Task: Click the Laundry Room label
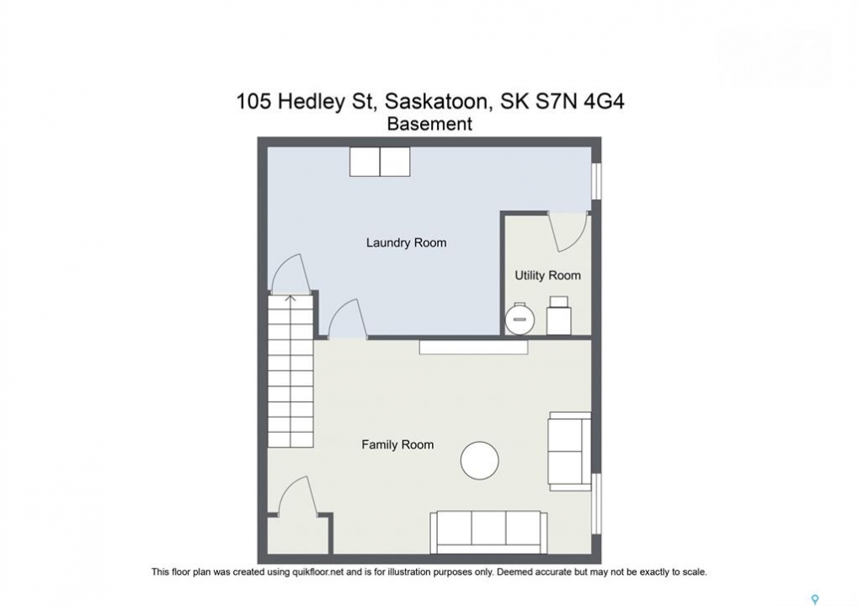click(406, 243)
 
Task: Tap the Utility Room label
click(548, 275)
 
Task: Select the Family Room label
click(397, 444)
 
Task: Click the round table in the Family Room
click(480, 460)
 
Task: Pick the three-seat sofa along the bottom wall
click(488, 533)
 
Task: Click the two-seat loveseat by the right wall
click(570, 451)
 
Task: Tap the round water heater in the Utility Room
click(520, 318)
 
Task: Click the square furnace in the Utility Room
click(559, 316)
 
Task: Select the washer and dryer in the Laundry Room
click(380, 162)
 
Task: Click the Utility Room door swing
click(569, 232)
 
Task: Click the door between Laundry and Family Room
click(348, 319)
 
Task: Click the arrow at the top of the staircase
click(290, 299)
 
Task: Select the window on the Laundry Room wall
click(597, 178)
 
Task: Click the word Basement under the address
click(429, 125)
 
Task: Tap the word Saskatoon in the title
click(435, 102)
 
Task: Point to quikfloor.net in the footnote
click(317, 572)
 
